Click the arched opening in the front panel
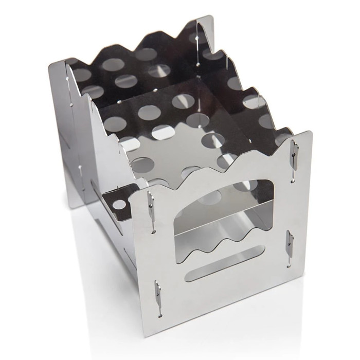point(226,206)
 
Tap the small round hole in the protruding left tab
point(119,204)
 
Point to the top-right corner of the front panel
point(311,133)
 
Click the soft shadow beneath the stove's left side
point(87,242)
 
